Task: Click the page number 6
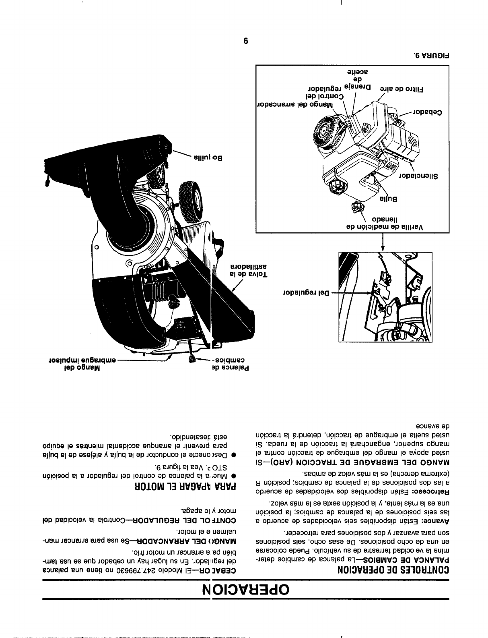coord(246,41)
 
